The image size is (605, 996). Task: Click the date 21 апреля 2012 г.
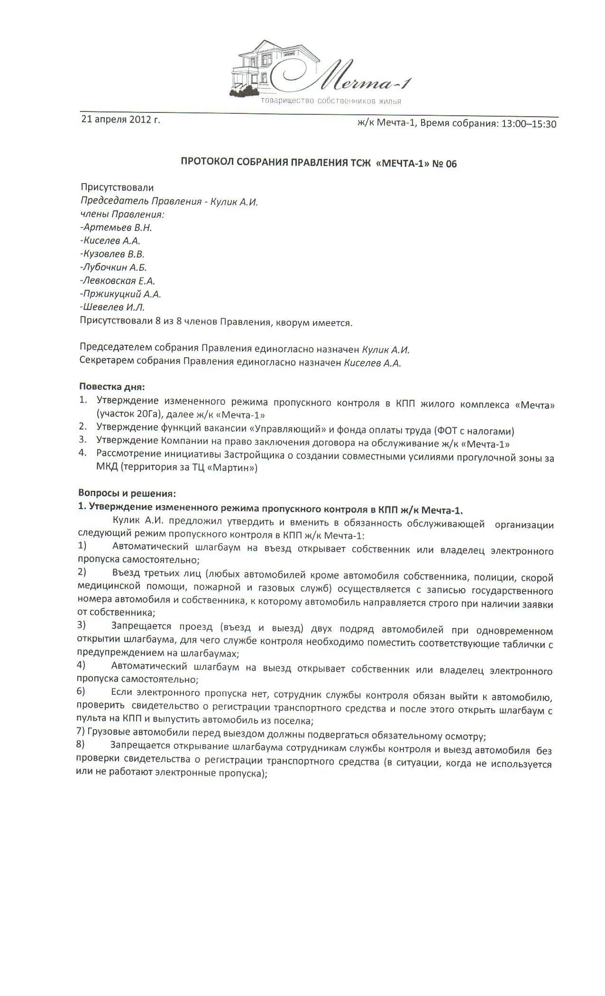pyautogui.click(x=121, y=119)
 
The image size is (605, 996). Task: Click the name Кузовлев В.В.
pyautogui.click(x=113, y=254)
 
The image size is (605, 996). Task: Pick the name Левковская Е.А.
pyautogui.click(x=119, y=281)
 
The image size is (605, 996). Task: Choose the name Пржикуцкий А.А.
pyautogui.click(x=121, y=294)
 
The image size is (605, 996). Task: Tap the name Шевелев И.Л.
pyautogui.click(x=113, y=307)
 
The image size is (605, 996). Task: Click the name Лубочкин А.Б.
pyautogui.click(x=115, y=267)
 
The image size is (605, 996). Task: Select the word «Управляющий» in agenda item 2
pyautogui.click(x=287, y=431)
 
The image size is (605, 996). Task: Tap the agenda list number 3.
pyautogui.click(x=82, y=440)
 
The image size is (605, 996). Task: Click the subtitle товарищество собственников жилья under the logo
pyautogui.click(x=330, y=101)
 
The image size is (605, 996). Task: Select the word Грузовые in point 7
pyautogui.click(x=107, y=737)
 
